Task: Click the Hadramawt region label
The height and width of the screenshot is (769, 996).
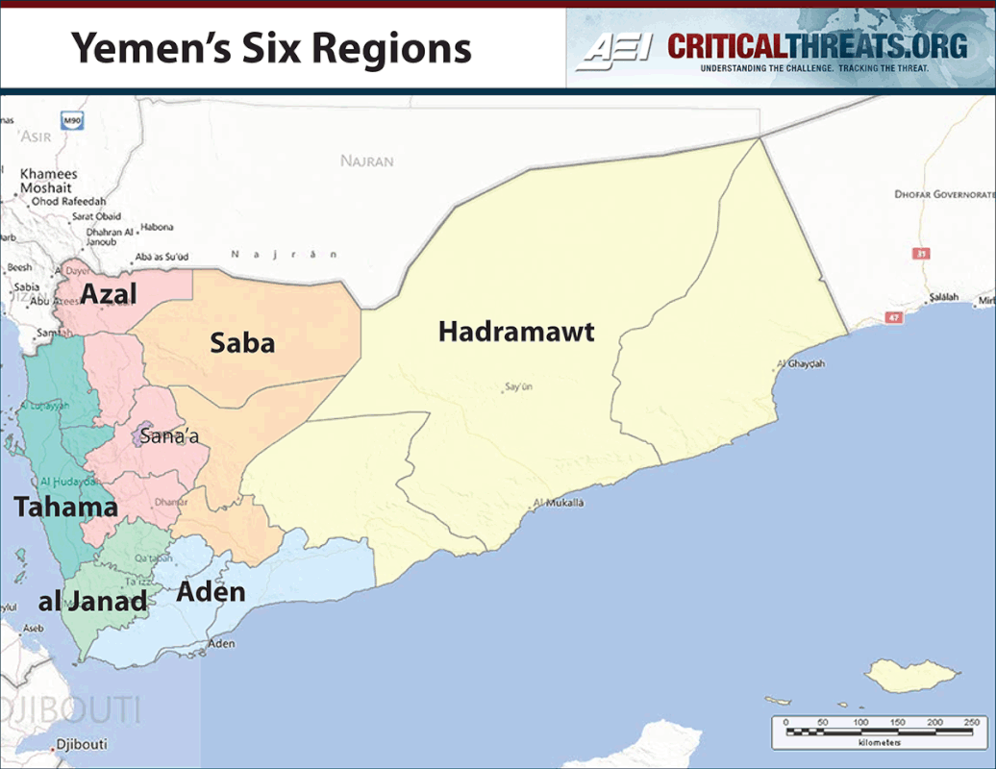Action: (516, 333)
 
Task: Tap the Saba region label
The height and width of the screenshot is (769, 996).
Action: (242, 343)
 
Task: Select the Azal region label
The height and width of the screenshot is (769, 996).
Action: (109, 294)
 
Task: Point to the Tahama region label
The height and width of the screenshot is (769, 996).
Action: (65, 507)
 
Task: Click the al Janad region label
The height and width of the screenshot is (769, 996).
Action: (92, 603)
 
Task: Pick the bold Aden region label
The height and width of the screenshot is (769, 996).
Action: (211, 591)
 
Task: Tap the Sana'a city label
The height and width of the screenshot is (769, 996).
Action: (169, 437)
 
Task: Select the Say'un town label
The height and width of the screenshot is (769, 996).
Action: (517, 388)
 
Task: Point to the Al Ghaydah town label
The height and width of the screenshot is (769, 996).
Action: (800, 364)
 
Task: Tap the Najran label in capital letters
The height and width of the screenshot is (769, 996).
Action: (366, 161)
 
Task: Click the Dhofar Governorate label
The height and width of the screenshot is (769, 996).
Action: (943, 194)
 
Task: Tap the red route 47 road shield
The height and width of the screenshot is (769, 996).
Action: (895, 316)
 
